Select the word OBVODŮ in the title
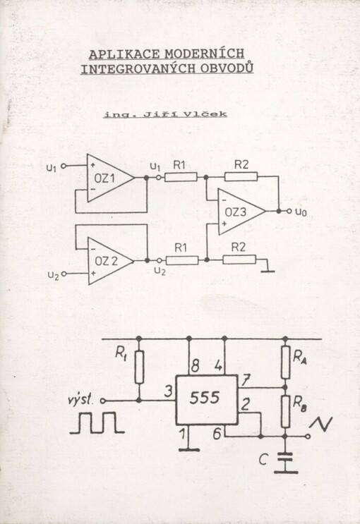tap(227, 68)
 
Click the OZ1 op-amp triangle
tap(111, 178)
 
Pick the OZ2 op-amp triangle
tap(111, 261)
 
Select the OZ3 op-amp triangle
tap(242, 212)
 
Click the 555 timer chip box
tap(206, 400)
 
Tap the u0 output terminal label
tap(301, 212)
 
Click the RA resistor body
tap(285, 362)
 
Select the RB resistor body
tap(285, 411)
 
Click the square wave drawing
tap(97, 422)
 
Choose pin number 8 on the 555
tap(195, 366)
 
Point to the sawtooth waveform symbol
tap(321, 424)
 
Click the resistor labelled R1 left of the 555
tap(139, 367)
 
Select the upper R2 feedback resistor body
tap(241, 176)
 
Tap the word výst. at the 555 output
tap(79, 400)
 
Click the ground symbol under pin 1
tap(188, 450)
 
